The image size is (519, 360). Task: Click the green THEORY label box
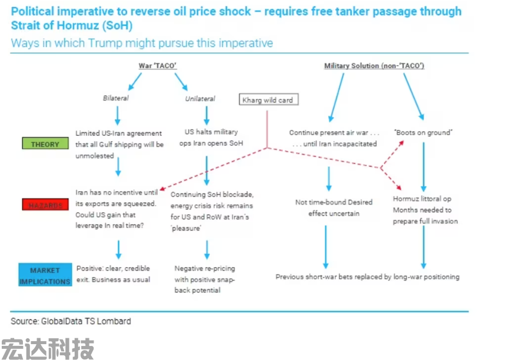tap(45, 144)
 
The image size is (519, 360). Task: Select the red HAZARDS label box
tap(45, 204)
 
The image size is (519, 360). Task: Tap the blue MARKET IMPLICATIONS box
tap(45, 275)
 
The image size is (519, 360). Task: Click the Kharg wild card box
tap(268, 100)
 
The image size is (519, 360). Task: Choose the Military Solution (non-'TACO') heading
tap(374, 66)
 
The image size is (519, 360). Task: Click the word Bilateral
tap(116, 98)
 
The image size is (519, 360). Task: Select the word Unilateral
tap(200, 99)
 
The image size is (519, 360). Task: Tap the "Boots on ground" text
tap(423, 132)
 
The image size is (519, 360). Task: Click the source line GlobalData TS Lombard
tap(71, 321)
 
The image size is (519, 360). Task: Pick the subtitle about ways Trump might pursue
tap(142, 43)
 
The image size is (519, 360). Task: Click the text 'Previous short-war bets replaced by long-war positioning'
tap(367, 276)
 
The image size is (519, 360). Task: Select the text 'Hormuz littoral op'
tap(422, 199)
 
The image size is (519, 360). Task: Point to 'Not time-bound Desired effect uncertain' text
tap(334, 208)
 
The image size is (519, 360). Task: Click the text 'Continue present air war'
tap(332, 132)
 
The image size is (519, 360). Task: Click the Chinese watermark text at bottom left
tap(47, 348)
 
